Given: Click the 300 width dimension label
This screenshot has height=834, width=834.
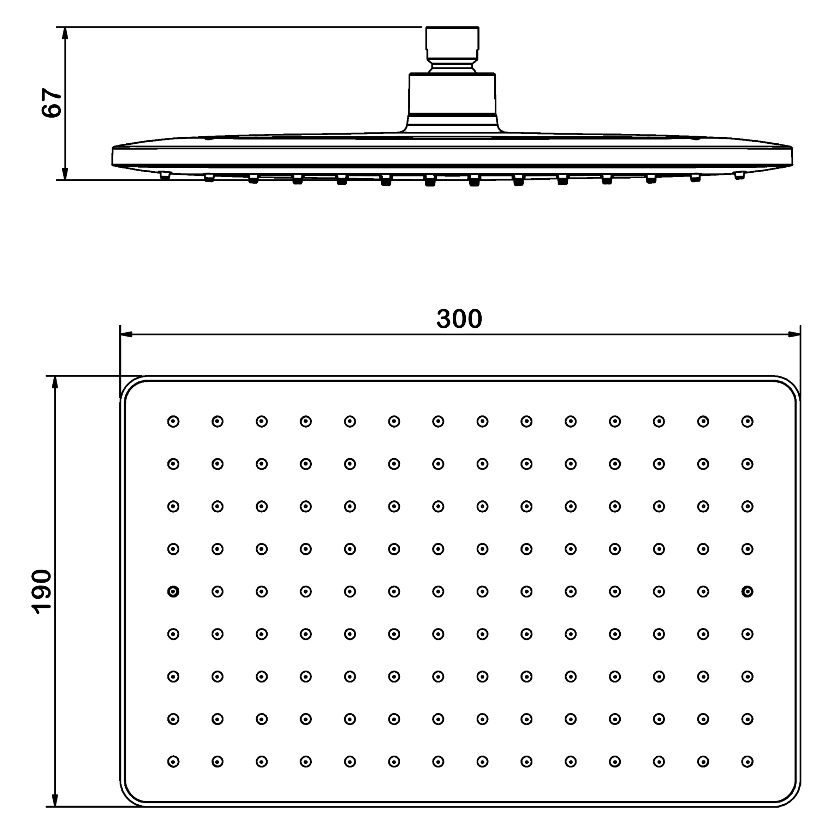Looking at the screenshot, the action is (459, 319).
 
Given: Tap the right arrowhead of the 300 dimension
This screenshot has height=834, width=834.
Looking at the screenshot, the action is (794, 334).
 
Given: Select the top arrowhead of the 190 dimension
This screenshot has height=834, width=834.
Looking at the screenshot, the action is (55, 382).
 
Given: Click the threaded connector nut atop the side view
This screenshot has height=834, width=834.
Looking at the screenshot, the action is (452, 43).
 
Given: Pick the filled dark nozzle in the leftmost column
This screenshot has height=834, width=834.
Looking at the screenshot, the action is (173, 591).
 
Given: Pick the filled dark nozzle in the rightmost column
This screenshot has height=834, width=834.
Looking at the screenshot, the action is (747, 591).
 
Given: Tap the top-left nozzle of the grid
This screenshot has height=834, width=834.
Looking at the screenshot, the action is (173, 421).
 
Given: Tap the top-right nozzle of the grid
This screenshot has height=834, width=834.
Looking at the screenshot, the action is (747, 421).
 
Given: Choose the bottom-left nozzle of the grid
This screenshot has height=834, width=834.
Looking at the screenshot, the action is (173, 762).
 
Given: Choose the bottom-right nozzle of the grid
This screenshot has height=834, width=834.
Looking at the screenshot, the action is (747, 762).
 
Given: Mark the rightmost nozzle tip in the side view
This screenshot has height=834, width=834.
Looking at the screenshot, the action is (740, 175).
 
